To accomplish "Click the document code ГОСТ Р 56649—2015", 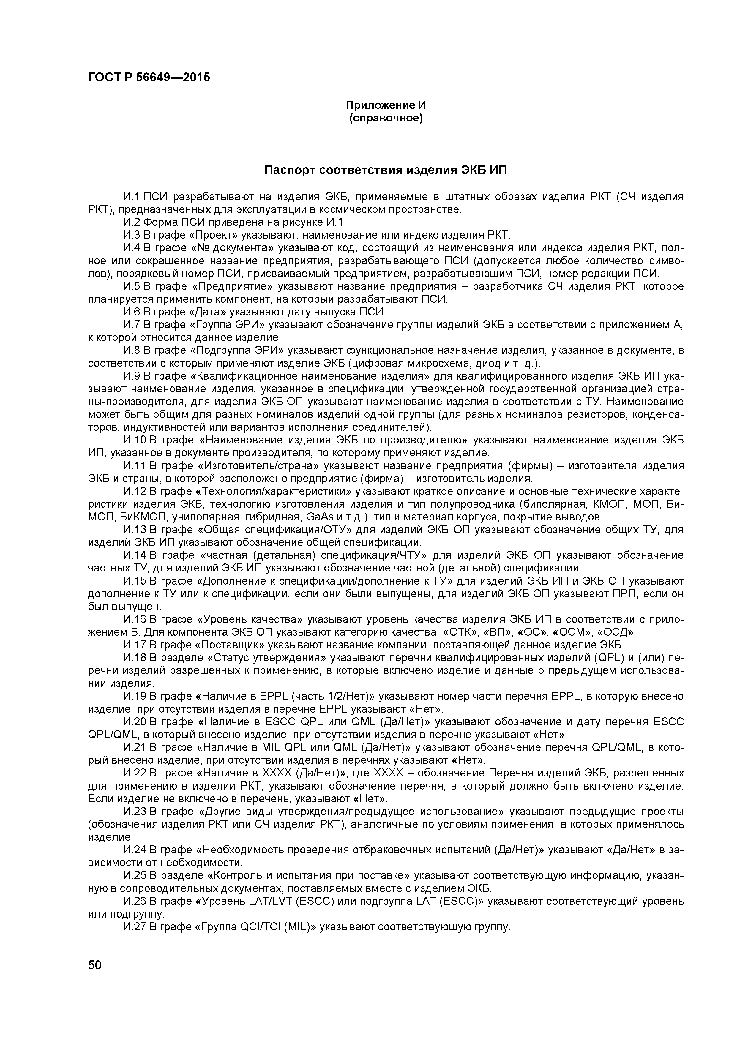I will pyautogui.click(x=149, y=78).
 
